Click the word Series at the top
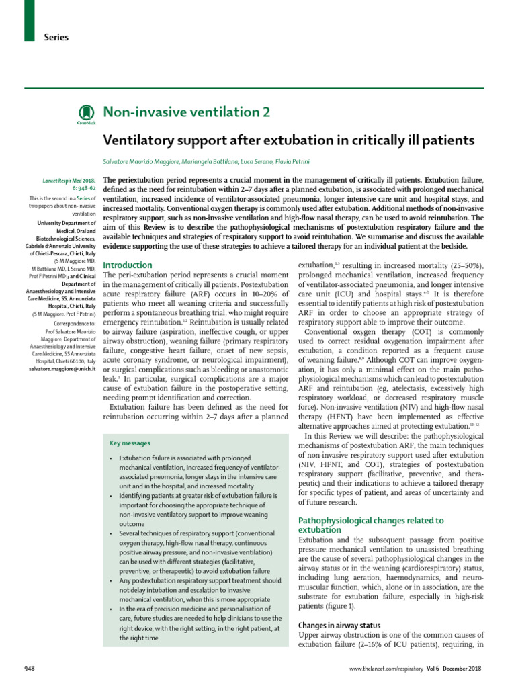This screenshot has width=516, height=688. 56,38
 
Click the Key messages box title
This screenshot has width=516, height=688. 130,443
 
